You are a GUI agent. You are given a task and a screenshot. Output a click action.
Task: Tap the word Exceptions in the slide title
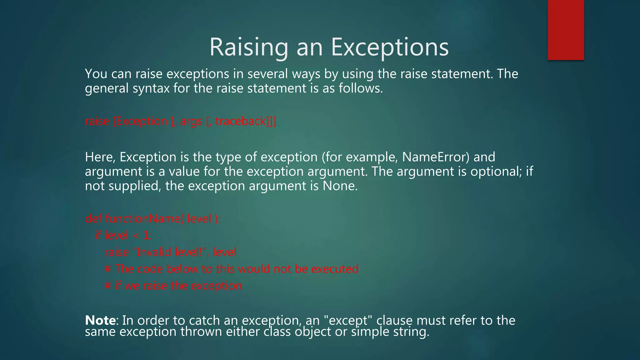[390, 47]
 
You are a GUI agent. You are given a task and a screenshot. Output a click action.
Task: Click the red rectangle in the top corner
[566, 30]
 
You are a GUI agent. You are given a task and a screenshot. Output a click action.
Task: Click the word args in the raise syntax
[191, 121]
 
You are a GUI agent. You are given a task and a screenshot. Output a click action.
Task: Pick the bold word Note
[100, 320]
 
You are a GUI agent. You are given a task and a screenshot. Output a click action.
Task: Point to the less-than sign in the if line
[136, 236]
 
